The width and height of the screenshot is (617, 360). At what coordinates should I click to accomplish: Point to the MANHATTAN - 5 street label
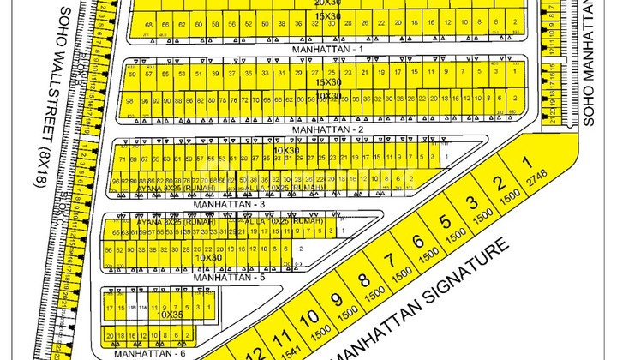224,278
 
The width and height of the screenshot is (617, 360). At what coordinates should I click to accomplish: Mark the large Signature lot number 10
306,319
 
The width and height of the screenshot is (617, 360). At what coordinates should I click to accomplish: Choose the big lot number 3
470,202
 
